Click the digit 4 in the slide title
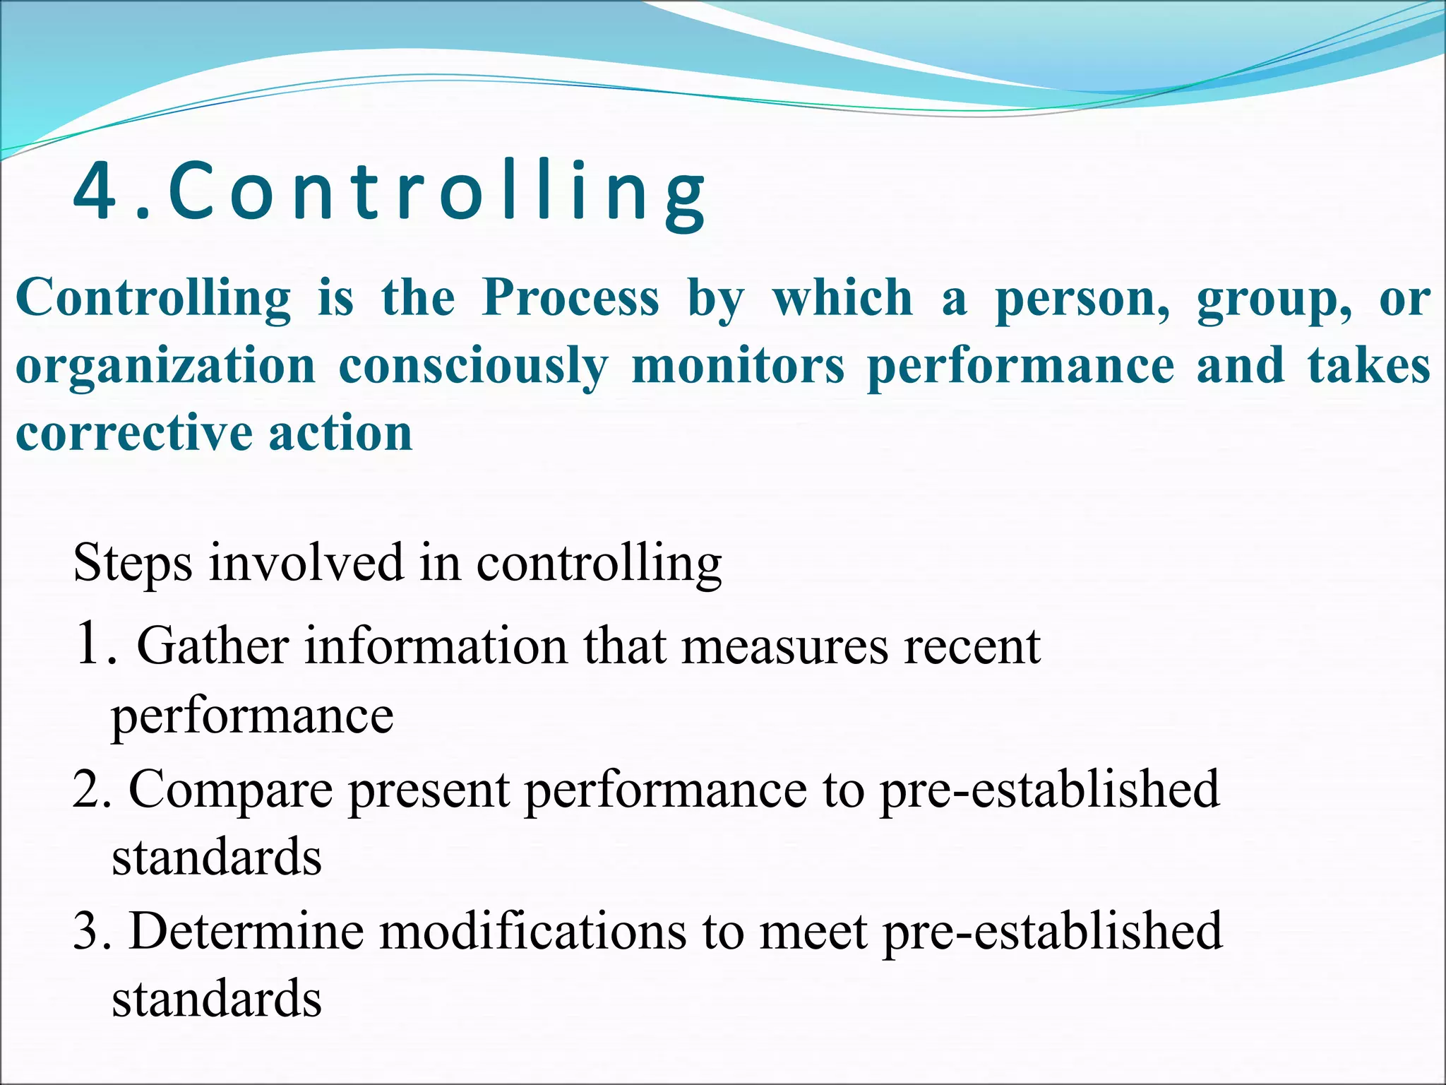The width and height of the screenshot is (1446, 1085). [95, 191]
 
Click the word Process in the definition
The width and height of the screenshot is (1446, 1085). [570, 297]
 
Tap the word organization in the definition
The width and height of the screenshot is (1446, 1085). [165, 367]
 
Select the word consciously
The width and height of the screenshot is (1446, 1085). [473, 367]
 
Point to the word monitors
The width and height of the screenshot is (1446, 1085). [738, 367]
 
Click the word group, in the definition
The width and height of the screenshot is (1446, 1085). [1274, 299]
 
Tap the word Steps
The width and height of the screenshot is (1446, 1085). [133, 564]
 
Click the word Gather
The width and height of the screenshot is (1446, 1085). [213, 646]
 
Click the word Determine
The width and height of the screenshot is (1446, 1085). [246, 931]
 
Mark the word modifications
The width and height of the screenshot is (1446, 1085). [533, 931]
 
